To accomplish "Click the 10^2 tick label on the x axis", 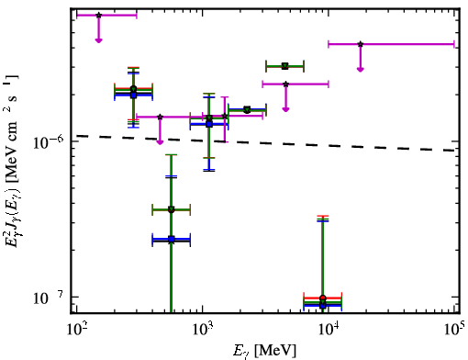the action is (x=76, y=330).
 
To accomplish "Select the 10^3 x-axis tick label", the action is (x=203, y=330).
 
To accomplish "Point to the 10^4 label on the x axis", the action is (x=329, y=330).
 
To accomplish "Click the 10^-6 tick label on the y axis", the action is (x=48, y=141).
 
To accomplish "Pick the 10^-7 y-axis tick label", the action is (x=48, y=298).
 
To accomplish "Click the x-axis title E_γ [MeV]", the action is (x=264, y=351).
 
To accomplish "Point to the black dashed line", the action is (x=265, y=142).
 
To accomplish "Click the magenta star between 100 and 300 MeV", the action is (x=98, y=15).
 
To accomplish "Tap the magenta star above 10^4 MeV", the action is (x=361, y=44).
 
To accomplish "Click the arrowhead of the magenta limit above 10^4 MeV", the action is (x=361, y=70).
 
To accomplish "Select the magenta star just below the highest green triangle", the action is (x=285, y=84).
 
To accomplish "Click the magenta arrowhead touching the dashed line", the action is (x=160, y=142).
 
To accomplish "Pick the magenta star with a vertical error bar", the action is (x=225, y=116).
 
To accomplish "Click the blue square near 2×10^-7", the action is (x=172, y=239).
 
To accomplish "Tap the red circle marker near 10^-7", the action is (x=322, y=298).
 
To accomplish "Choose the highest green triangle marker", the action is (x=285, y=66).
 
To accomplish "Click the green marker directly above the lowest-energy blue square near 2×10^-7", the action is (x=172, y=210).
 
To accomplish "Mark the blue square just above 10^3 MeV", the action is (x=209, y=124).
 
